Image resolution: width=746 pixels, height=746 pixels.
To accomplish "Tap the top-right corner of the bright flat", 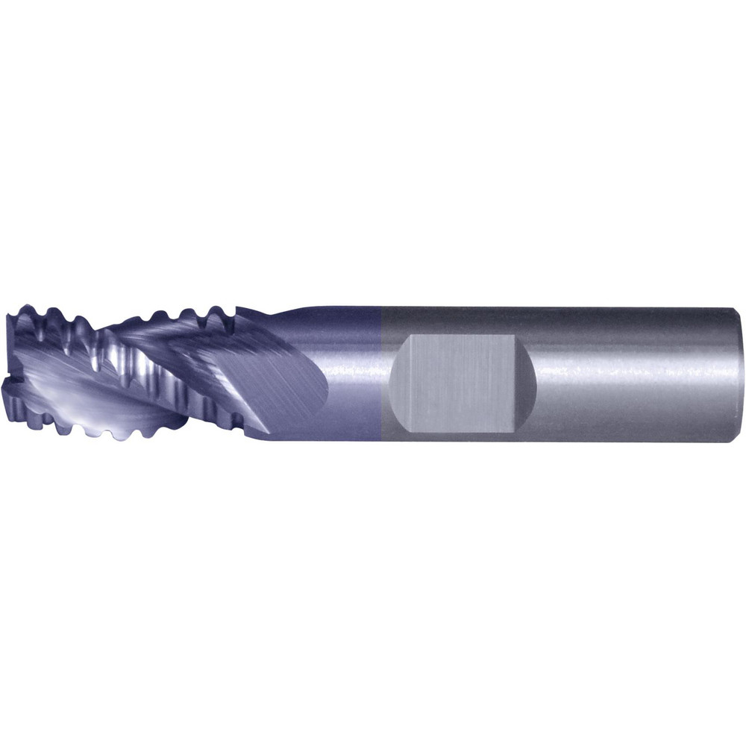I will (513, 337).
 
